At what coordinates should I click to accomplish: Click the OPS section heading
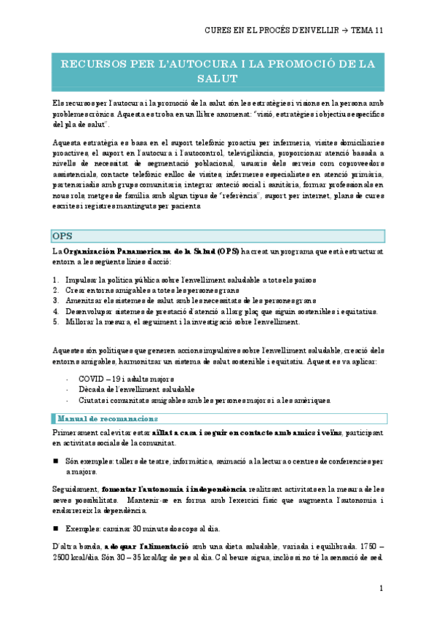[62, 236]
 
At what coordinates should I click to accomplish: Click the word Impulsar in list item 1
[82, 280]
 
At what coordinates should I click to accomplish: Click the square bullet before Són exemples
[56, 462]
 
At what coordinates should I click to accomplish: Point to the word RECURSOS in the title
[92, 64]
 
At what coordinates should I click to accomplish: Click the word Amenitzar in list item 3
[85, 300]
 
